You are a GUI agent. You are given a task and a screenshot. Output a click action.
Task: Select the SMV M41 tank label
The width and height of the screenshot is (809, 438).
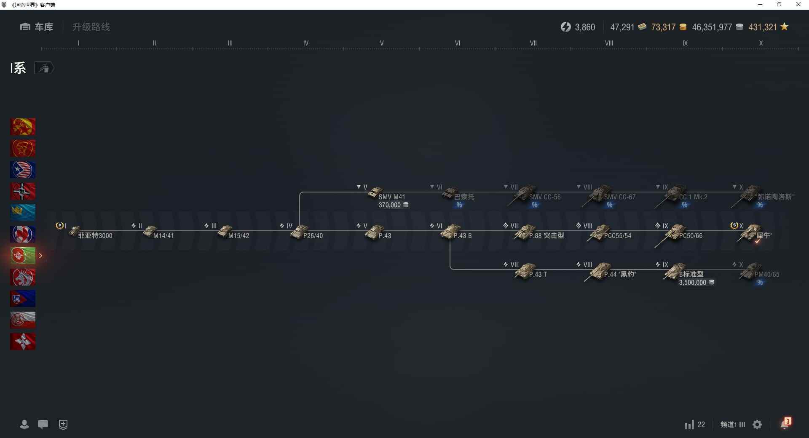point(391,197)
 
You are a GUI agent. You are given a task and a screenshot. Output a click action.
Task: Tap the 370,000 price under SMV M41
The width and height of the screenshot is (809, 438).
point(390,205)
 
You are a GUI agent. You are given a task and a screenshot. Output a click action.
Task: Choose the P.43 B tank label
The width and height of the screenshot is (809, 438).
point(462,236)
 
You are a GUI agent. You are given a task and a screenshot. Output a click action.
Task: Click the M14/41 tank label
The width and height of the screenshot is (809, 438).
point(163,236)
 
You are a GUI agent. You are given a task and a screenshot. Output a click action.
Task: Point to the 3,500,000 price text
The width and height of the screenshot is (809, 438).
point(692,283)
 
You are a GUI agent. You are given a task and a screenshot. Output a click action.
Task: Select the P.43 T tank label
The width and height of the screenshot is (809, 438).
point(538,275)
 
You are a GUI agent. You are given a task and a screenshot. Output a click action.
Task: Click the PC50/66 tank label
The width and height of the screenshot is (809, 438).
point(691,236)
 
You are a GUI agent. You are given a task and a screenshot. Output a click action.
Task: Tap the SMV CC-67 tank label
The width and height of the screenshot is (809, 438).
point(619,197)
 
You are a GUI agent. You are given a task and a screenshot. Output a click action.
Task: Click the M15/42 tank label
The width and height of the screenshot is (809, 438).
point(238,236)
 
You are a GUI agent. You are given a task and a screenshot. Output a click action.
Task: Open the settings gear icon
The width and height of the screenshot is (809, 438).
point(757,425)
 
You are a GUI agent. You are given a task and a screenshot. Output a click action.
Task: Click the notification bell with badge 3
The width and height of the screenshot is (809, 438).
point(785,424)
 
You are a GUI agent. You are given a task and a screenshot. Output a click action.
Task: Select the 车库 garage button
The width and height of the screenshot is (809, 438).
point(37,27)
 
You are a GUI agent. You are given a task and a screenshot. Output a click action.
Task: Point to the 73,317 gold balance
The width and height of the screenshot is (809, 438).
point(663,27)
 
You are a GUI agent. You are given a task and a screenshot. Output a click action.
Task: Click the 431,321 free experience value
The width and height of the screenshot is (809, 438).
point(763,27)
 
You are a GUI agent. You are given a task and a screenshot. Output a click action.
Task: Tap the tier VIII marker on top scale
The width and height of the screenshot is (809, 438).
point(609,43)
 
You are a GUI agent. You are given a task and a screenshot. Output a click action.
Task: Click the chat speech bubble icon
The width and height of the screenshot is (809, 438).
point(43,425)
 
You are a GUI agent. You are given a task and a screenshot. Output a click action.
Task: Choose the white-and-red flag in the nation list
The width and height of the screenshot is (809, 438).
point(23,320)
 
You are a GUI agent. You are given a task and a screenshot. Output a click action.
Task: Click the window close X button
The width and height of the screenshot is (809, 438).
point(798,5)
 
